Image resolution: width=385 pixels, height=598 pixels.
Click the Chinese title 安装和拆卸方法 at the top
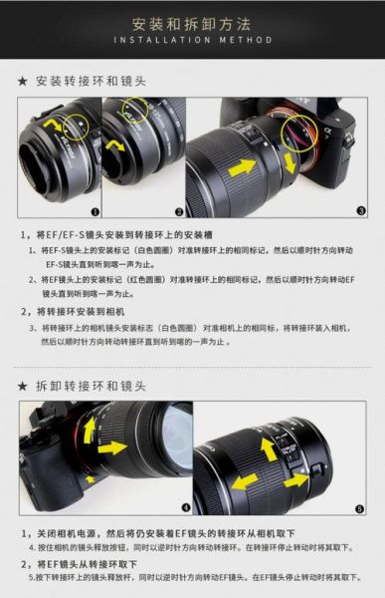(x=191, y=22)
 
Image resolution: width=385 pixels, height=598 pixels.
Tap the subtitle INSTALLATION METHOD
(x=191, y=41)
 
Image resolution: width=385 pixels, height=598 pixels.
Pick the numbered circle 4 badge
(x=185, y=507)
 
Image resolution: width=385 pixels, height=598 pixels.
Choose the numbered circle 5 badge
(x=360, y=507)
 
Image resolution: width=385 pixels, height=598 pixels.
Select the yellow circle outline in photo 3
(x=295, y=130)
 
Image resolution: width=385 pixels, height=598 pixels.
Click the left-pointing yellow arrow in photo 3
(x=241, y=167)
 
